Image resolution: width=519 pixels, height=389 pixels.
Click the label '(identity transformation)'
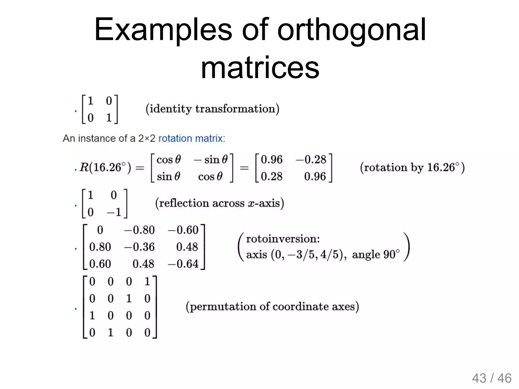pyautogui.click(x=212, y=109)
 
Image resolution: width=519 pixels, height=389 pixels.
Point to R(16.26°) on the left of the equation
pyautogui.click(x=105, y=168)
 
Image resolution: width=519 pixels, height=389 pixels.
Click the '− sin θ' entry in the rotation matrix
pyautogui.click(x=211, y=160)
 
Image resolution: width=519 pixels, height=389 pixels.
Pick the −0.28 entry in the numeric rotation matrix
pyautogui.click(x=311, y=160)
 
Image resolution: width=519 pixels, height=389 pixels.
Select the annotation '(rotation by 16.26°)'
pyautogui.click(x=412, y=168)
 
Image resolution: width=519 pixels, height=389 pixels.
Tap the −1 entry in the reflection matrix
pyautogui.click(x=114, y=212)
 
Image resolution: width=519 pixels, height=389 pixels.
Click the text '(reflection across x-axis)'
pyautogui.click(x=219, y=203)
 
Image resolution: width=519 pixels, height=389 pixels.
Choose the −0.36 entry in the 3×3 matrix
pyautogui.click(x=139, y=247)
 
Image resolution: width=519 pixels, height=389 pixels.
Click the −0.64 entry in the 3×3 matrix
pyautogui.click(x=183, y=264)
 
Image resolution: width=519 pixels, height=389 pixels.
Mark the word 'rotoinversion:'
pyautogui.click(x=283, y=239)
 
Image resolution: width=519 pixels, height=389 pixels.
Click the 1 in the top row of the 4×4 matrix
pyautogui.click(x=147, y=282)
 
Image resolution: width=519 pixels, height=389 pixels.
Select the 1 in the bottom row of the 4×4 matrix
pyautogui.click(x=110, y=333)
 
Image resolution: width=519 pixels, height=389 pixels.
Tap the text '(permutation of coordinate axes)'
pyautogui.click(x=272, y=307)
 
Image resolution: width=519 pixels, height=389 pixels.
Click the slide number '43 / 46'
pyautogui.click(x=492, y=378)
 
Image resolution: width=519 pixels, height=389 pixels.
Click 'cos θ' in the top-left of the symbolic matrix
pyautogui.click(x=169, y=160)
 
